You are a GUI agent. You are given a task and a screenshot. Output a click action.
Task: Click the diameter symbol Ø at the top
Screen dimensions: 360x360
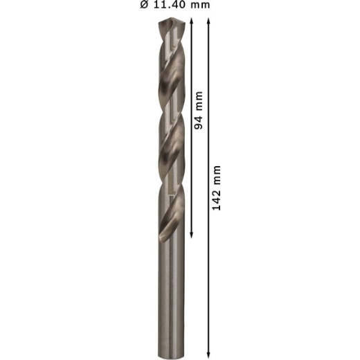click(x=144, y=5)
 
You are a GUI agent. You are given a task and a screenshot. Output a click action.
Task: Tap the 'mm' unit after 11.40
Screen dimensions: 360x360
click(x=200, y=6)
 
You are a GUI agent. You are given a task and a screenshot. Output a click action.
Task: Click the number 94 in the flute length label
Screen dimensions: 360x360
click(x=198, y=122)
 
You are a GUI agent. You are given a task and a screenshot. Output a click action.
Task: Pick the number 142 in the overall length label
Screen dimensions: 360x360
click(x=216, y=199)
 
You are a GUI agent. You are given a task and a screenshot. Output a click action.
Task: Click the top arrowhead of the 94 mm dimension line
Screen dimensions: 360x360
click(x=191, y=21)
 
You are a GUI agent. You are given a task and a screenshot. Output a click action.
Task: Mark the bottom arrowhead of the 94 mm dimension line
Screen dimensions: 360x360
click(x=191, y=235)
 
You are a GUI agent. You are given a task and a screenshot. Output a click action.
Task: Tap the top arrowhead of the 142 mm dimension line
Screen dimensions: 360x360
click(x=208, y=21)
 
